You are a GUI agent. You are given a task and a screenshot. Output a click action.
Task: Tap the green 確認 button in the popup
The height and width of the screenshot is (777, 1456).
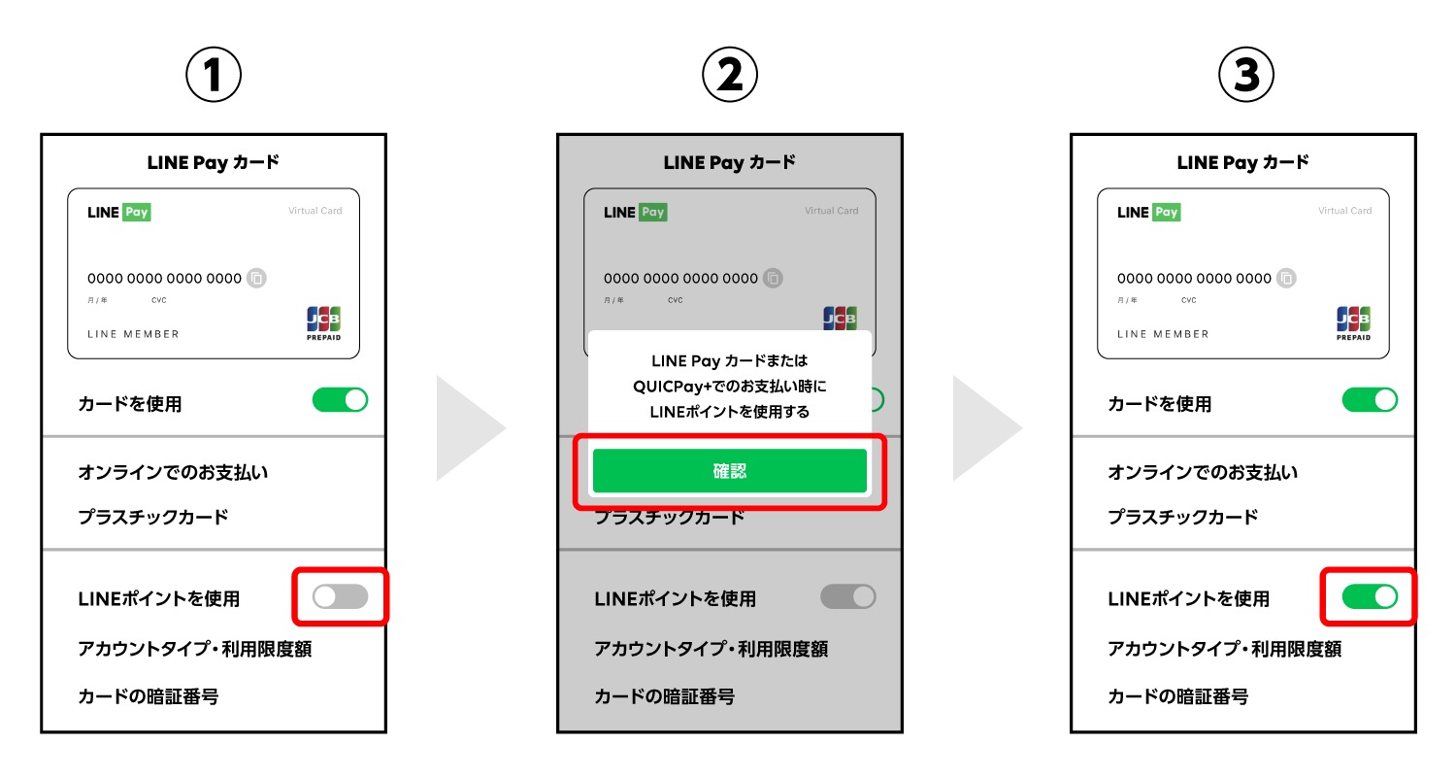pos(729,470)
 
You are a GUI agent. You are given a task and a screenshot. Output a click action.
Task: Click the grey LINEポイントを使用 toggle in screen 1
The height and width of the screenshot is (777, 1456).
pos(340,596)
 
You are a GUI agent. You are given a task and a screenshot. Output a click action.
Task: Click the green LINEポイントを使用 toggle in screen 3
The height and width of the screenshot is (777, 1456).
pos(1370,596)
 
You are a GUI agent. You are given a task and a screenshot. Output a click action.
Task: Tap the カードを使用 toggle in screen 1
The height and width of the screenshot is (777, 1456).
pos(340,400)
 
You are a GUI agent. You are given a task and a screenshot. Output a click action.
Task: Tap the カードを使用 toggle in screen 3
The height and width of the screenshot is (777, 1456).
pos(1370,400)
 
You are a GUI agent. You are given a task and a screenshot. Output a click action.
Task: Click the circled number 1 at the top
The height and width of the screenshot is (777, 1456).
pos(214,74)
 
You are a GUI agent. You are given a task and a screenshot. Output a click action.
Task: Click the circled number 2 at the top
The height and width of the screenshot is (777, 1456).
pos(729,74)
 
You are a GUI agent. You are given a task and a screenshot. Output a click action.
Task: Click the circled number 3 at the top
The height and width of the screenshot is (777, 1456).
pos(1245,74)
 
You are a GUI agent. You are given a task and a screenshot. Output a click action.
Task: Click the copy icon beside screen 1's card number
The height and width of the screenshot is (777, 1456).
pos(257,279)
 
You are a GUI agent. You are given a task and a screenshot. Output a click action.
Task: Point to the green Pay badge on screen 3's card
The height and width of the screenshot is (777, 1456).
pos(1166,212)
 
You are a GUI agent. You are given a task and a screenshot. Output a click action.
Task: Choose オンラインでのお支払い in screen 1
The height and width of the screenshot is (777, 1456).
pos(173,472)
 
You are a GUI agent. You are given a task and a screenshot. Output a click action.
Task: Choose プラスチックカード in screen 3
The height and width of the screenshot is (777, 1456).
pos(1183,517)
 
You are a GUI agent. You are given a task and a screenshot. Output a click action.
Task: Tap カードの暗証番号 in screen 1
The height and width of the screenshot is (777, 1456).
pos(149,696)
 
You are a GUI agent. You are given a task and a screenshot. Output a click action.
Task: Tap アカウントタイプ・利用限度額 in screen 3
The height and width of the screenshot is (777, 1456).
pos(1225,649)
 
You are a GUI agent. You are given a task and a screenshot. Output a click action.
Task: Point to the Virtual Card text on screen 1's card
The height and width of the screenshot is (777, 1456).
pos(315,211)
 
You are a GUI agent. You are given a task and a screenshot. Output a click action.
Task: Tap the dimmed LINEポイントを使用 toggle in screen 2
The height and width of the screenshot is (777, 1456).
pos(848,596)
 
